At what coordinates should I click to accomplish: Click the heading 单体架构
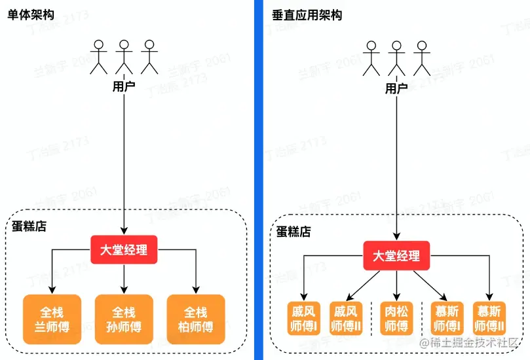(x=31, y=15)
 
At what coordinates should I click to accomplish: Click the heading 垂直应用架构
(x=307, y=15)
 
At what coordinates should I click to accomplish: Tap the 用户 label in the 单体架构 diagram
(x=124, y=86)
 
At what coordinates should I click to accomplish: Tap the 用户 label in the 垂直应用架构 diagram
(x=396, y=88)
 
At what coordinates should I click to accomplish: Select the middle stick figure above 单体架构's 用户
(x=124, y=57)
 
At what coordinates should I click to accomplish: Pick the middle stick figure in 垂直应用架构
(x=395, y=58)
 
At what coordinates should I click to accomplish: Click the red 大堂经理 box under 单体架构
(x=124, y=249)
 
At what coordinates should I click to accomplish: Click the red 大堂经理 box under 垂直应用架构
(x=396, y=256)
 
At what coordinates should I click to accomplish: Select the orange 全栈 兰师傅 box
(x=51, y=319)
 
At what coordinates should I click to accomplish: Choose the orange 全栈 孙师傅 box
(x=124, y=319)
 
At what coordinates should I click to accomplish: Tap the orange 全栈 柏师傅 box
(x=196, y=319)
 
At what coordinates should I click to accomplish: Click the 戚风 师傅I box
(x=304, y=318)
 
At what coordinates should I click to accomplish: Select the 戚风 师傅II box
(x=347, y=318)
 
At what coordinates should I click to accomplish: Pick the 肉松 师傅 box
(x=396, y=318)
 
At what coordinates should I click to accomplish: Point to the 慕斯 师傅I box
(x=446, y=318)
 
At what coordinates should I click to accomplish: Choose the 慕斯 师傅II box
(x=489, y=318)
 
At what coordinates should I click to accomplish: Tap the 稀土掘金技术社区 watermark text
(x=476, y=342)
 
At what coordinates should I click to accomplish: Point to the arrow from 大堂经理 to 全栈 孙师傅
(x=124, y=279)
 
